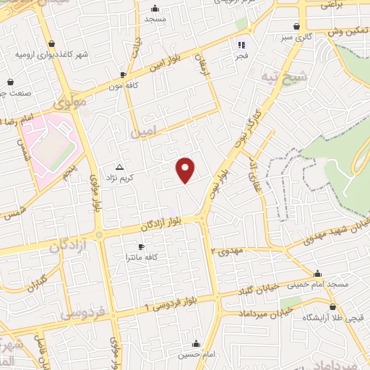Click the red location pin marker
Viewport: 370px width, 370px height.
186,170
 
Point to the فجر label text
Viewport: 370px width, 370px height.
242,55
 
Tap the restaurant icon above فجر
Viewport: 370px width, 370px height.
242,43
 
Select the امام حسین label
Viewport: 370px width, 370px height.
195,355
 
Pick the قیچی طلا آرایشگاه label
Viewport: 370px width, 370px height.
343,317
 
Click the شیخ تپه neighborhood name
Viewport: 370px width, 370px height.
293,76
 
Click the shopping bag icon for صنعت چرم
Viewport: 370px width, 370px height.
10,82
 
